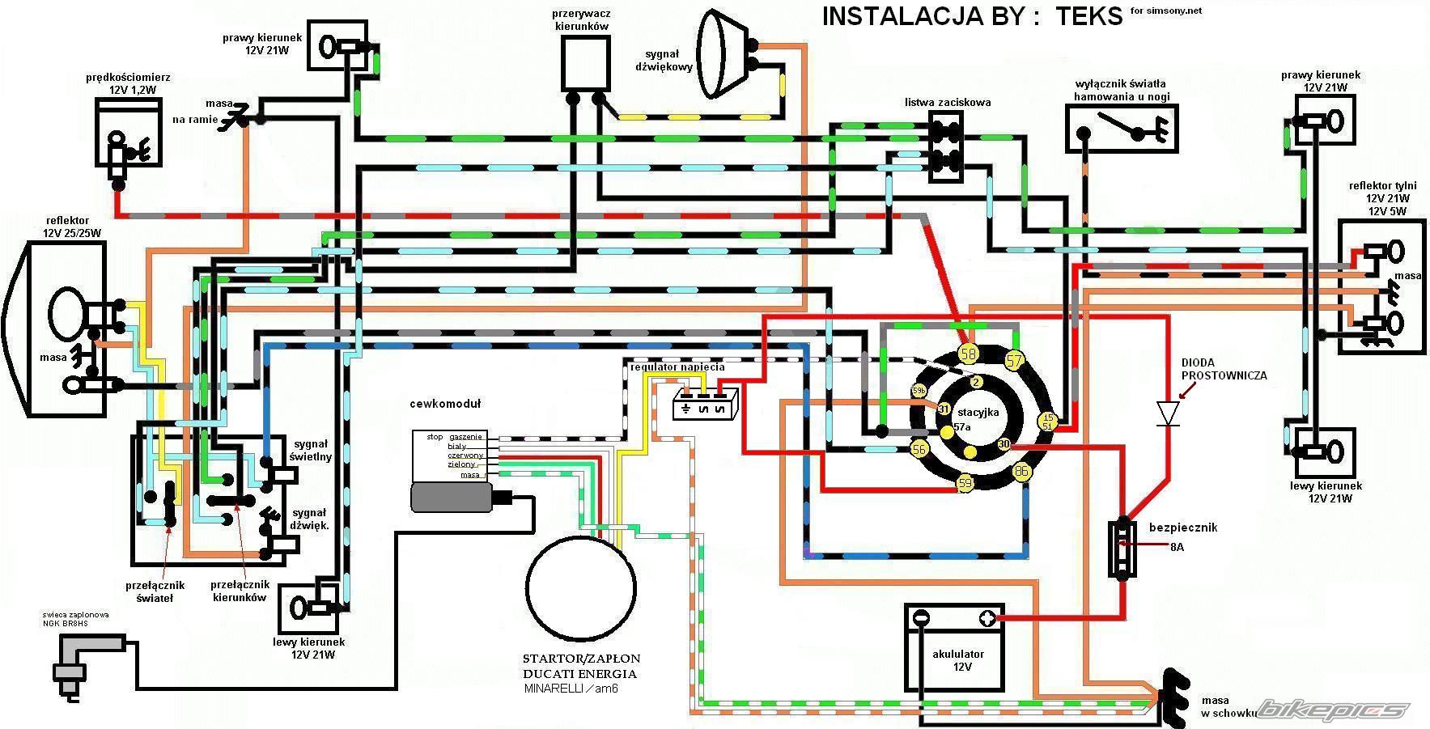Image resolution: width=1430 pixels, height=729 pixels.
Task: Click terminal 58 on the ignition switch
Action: pos(968,353)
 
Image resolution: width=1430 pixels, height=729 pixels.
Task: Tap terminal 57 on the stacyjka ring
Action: pos(1014,360)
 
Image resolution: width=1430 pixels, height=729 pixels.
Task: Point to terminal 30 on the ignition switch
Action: pos(1004,444)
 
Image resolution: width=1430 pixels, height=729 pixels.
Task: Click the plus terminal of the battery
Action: pos(987,619)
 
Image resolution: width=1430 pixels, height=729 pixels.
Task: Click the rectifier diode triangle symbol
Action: pos(1167,413)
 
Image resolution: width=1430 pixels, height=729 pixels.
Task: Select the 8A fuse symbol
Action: pos(1122,548)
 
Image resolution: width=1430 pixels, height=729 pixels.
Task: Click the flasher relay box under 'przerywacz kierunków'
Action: pos(586,62)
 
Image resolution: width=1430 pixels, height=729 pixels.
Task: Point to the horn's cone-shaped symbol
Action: pos(719,53)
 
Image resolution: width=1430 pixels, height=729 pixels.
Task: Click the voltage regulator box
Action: pos(706,404)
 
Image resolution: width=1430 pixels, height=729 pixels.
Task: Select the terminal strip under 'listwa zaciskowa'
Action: pos(945,145)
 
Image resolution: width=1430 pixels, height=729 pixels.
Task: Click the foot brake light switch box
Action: pos(1122,128)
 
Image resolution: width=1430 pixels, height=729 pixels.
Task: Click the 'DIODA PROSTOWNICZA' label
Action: pos(1224,369)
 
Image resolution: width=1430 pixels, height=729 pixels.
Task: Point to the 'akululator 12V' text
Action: pos(957,660)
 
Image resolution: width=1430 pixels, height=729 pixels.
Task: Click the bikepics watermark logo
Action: pos(1332,710)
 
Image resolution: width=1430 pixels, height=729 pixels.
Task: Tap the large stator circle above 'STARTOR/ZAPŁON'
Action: pos(579,588)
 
